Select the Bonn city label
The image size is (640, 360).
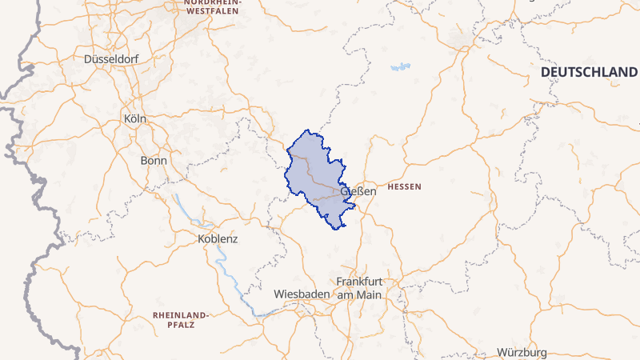(154, 160)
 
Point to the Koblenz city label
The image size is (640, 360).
(218, 238)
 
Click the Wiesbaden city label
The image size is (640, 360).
(301, 294)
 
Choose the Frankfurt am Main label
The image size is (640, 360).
(359, 288)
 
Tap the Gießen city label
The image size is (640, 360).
(358, 191)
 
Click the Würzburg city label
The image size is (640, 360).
(522, 353)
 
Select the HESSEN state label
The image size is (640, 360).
(403, 186)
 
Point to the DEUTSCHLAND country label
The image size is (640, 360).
(589, 72)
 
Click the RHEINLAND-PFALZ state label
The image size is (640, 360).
(180, 321)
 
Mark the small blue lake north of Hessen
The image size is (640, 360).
(400, 67)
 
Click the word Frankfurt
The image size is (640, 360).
(359, 282)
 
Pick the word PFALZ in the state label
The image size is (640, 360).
(181, 326)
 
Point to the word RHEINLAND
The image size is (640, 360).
(180, 315)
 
